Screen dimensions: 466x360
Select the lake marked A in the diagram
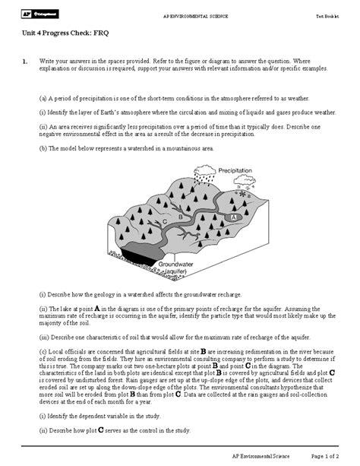click(x=234, y=216)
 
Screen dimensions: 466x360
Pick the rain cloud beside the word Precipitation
click(x=203, y=179)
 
